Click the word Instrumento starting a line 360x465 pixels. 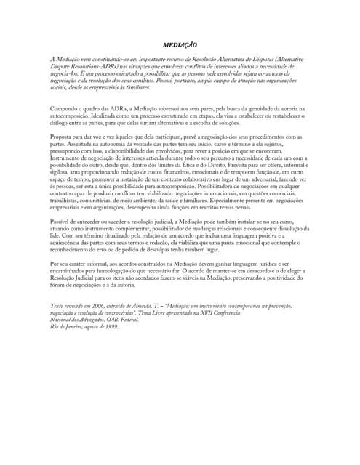pos(66,157)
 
